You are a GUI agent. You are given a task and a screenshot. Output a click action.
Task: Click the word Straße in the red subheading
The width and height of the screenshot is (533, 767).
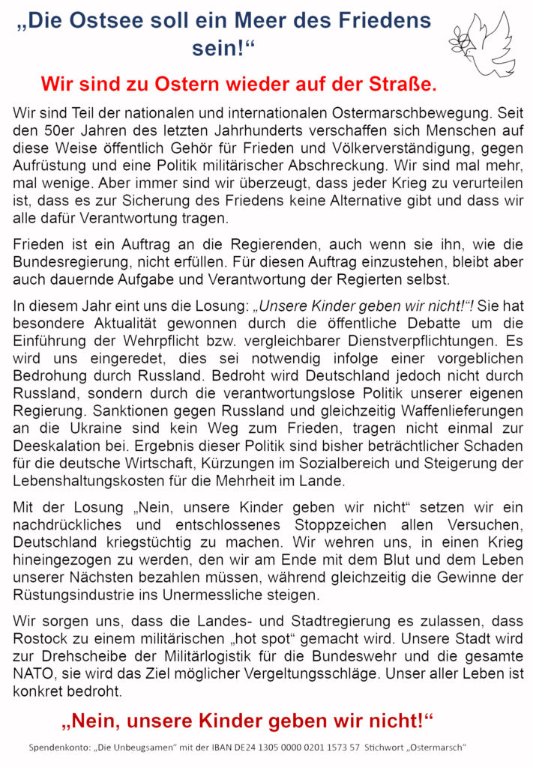(x=403, y=83)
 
